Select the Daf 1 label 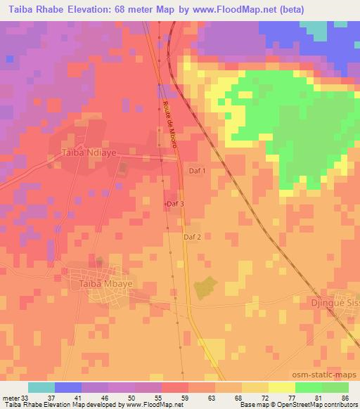[198, 171]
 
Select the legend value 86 [345, 398]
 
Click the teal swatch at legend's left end [41, 388]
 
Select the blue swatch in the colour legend [67, 388]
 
